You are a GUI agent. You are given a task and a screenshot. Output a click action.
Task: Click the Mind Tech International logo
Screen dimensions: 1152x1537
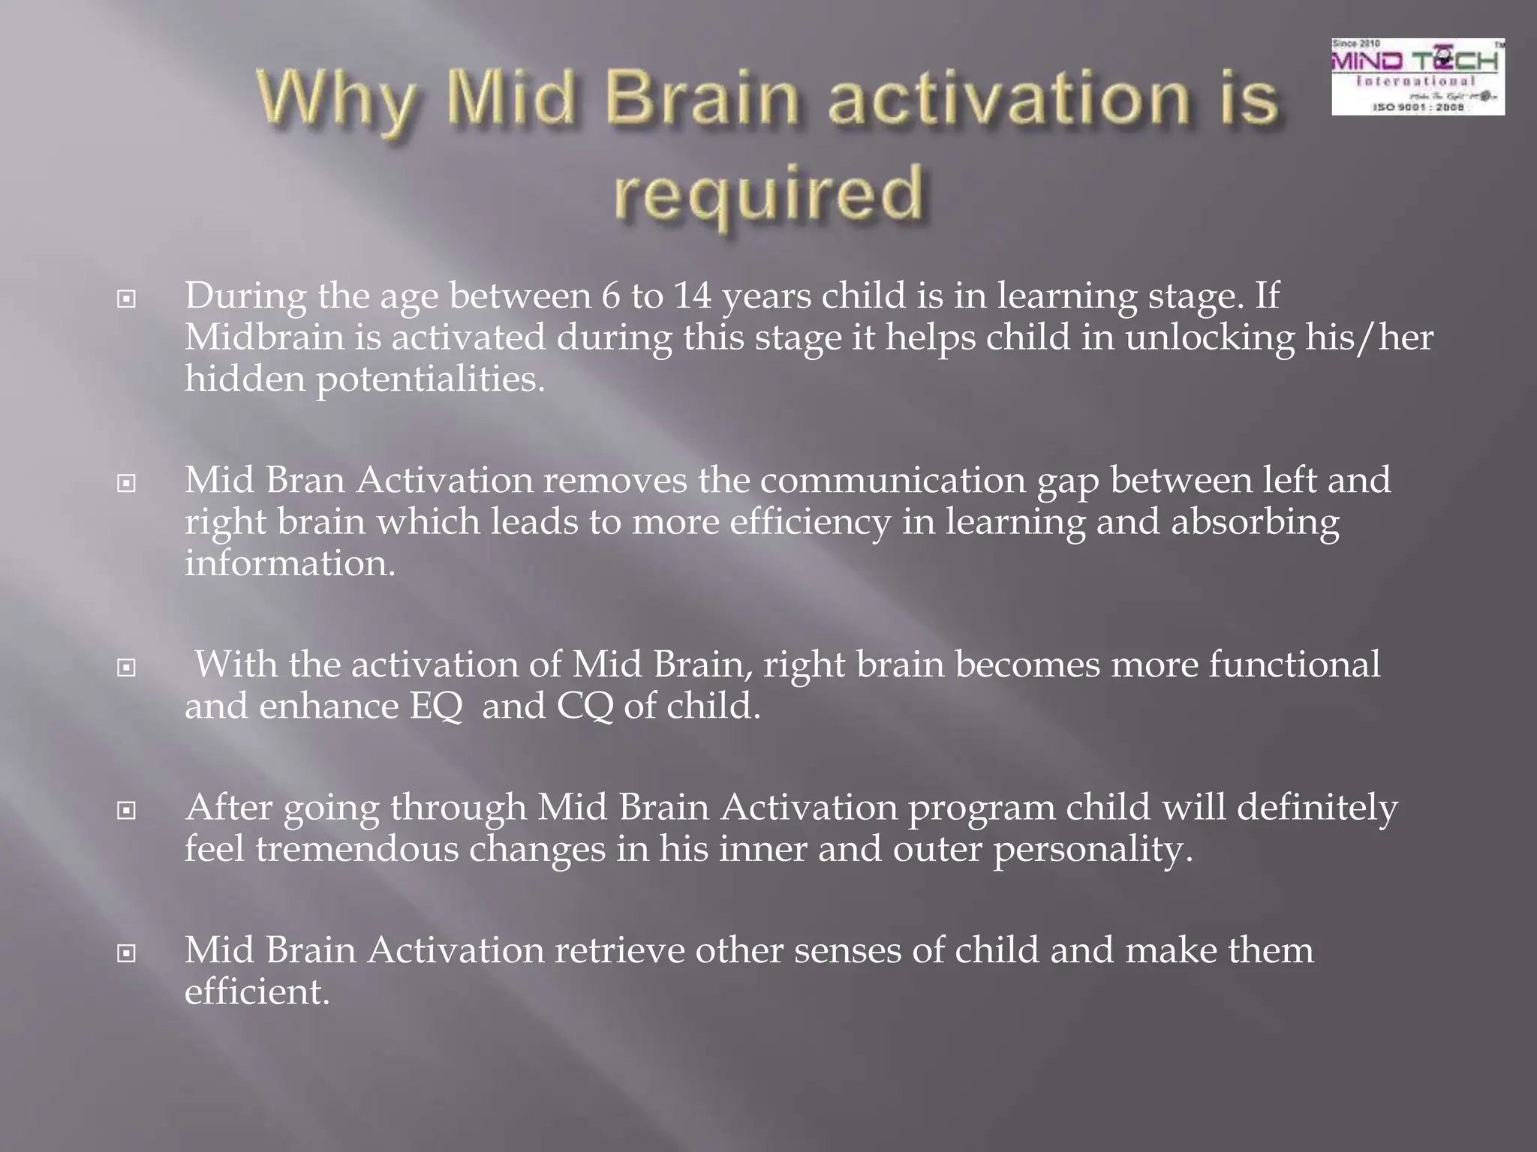tap(1418, 76)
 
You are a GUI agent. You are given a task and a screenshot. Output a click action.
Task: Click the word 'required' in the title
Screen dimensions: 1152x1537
tap(768, 193)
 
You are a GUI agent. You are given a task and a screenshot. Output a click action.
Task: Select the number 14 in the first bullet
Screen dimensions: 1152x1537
tap(692, 295)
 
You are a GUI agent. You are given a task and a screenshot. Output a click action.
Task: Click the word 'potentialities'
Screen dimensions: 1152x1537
tap(429, 379)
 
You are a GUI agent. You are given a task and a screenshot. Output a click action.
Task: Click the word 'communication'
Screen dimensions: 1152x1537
tap(892, 480)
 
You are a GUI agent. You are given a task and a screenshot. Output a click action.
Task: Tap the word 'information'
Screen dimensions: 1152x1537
tap(289, 563)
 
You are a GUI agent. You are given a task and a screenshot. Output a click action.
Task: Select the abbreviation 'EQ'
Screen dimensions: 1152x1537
tap(435, 706)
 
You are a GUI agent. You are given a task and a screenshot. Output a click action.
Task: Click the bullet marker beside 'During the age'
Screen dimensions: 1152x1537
tap(127, 299)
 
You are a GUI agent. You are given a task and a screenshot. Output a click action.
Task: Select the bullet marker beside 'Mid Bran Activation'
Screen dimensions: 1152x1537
tap(127, 483)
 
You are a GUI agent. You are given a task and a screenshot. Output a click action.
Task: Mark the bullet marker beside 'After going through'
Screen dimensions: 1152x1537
tap(127, 811)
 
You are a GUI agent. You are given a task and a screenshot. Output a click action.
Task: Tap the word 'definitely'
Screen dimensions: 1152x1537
tap(1316, 808)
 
